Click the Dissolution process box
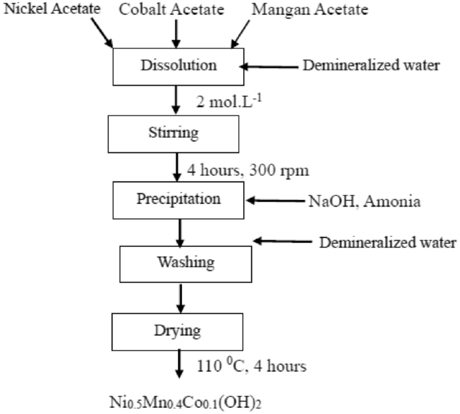pos(177,66)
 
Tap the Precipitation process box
pos(177,200)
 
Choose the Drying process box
pos(177,329)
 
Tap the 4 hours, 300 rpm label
pos(252,169)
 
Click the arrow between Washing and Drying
pos(177,298)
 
